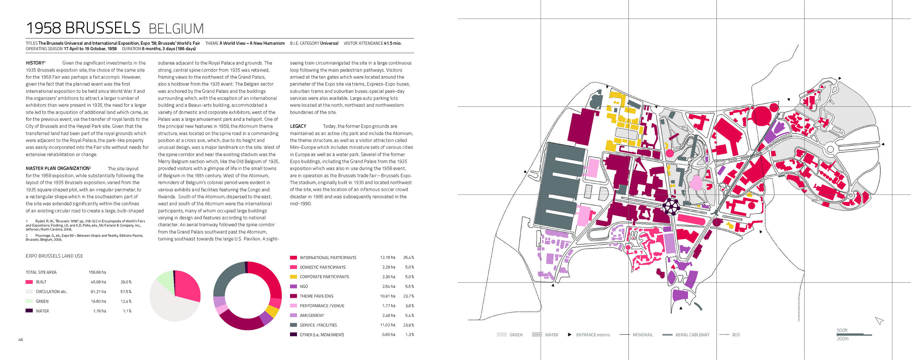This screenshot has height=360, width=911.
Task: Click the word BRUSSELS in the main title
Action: coord(103,28)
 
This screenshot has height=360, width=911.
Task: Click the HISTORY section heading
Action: coord(35,63)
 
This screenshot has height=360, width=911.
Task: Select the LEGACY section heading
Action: coord(298,126)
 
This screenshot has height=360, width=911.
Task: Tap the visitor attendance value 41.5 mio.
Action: coord(393,43)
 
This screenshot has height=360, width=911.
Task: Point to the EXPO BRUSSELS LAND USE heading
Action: coord(54,256)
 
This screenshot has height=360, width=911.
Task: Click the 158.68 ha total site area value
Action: coord(97,272)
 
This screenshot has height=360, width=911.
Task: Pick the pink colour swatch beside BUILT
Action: coord(29,282)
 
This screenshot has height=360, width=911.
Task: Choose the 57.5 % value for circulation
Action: coord(125,292)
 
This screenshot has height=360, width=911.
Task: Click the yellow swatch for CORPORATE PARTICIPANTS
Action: coord(293,277)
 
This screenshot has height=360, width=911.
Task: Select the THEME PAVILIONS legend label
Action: coord(316,296)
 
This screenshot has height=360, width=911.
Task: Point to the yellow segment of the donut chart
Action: coord(272,311)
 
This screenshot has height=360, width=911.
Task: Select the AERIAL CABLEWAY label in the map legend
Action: coord(692,335)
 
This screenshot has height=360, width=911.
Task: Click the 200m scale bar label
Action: coord(842,339)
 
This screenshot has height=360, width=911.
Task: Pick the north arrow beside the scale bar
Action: coord(879,321)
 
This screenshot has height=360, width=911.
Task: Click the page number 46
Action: coord(21,339)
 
